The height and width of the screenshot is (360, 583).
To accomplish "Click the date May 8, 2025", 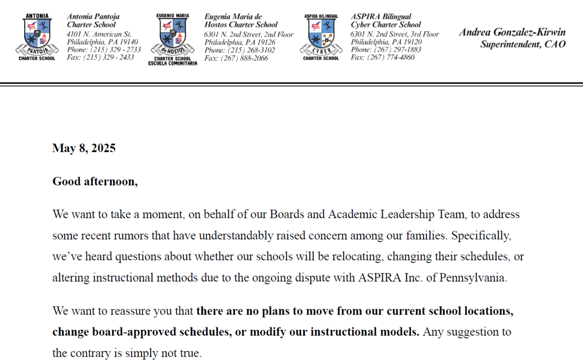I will (84, 149).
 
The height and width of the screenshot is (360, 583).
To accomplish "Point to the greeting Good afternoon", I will (95, 182).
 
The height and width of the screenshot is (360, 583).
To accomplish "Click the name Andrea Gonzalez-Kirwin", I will (512, 33).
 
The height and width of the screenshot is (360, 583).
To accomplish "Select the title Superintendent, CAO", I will (523, 45).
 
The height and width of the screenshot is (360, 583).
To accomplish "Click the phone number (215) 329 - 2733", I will (114, 50).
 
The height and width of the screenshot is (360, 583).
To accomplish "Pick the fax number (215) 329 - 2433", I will (110, 57).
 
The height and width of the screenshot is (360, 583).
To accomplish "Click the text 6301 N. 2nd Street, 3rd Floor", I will (394, 34).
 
